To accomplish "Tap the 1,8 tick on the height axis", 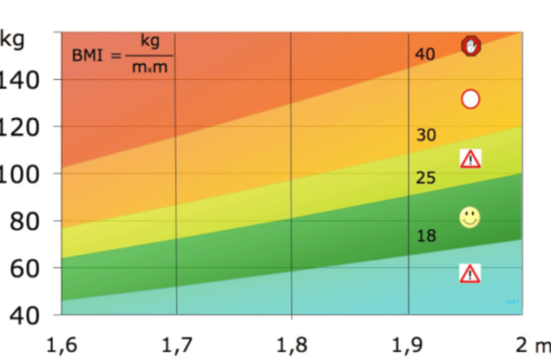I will tap(290, 344).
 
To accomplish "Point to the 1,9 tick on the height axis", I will tap(407, 344).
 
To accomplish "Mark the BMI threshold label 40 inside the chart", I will tap(425, 54).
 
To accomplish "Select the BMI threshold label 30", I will tap(425, 135).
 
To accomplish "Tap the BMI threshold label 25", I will tap(425, 178).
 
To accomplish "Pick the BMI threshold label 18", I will tap(425, 235).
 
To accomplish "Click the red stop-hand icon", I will tap(471, 46).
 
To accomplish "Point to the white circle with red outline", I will tap(470, 99).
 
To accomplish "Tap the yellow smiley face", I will tap(469, 217).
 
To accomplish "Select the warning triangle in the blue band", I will tap(469, 273).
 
